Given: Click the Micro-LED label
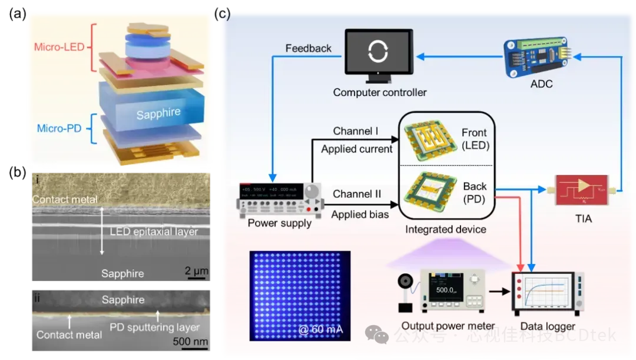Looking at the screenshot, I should point(59,47).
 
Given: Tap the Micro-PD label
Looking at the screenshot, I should point(58,128).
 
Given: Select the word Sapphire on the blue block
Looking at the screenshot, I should point(158,113).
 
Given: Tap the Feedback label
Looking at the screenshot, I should point(308,48).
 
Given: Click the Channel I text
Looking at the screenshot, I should point(356,131).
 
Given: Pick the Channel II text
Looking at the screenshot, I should point(357,194).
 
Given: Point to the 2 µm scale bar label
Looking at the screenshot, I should point(197,272).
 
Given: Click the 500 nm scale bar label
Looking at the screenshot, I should point(190,341).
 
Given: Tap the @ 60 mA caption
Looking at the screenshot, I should point(320,329).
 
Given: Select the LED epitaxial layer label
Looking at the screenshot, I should point(154,232).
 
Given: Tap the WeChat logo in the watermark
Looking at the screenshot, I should point(376,335).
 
